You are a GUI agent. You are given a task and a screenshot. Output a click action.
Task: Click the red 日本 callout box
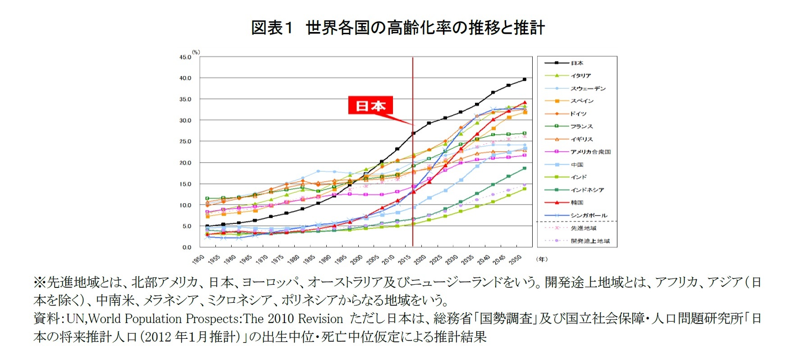[x=370, y=105]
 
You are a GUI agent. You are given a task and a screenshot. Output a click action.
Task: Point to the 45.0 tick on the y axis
[x=185, y=57]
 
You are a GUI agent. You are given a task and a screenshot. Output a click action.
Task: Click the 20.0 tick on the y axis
[x=185, y=163]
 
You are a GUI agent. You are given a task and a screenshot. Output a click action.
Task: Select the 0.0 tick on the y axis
[x=187, y=247]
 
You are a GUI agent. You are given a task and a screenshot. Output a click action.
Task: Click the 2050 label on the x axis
[x=516, y=260]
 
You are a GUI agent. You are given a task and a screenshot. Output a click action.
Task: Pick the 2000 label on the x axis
[x=357, y=260]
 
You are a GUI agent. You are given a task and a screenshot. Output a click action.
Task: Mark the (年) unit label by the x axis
[x=542, y=259]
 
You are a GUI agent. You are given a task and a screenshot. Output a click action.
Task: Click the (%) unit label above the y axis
[x=196, y=52]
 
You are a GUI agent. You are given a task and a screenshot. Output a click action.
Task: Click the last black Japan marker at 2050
[x=525, y=79]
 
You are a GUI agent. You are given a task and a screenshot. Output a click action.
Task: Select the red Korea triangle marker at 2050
[x=525, y=103]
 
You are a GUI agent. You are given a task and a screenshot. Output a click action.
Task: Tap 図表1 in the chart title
[x=272, y=28]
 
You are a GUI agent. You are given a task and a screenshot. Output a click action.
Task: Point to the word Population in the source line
[x=154, y=319]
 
